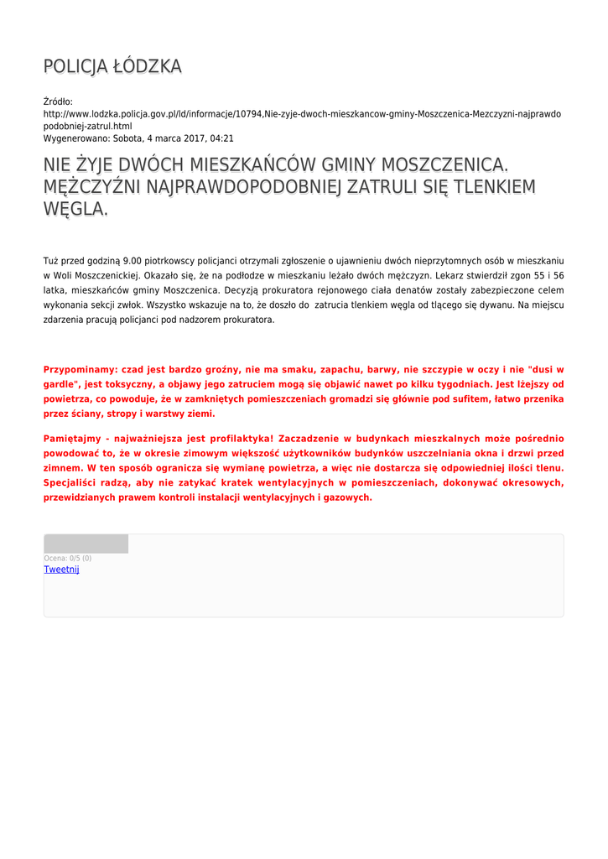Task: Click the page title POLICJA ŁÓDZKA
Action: tap(112, 67)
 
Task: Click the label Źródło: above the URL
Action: tap(58, 102)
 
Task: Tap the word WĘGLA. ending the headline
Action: tap(75, 209)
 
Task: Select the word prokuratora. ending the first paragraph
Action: tap(248, 320)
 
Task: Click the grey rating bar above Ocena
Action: tap(86, 544)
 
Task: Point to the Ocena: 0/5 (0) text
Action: tap(67, 558)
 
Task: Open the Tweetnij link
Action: tap(61, 570)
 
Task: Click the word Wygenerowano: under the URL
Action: tap(75, 138)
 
